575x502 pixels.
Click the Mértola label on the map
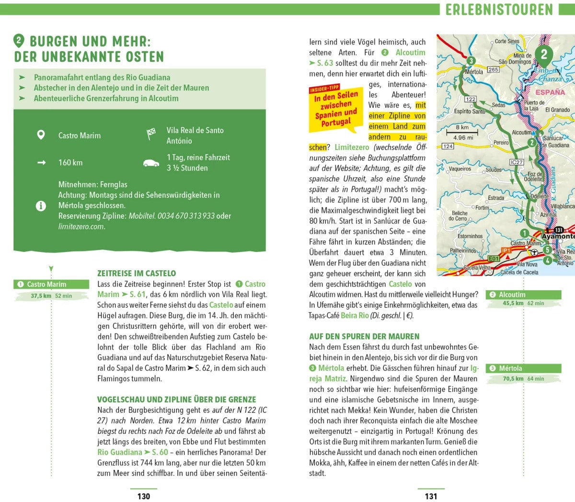click(474, 72)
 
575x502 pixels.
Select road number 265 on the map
click(493, 69)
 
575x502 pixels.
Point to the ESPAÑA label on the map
click(550, 92)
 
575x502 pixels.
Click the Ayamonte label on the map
click(558, 237)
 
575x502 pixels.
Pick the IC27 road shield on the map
click(517, 162)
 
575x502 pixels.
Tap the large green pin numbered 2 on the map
click(543, 55)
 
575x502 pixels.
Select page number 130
click(144, 496)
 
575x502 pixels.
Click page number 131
click(431, 496)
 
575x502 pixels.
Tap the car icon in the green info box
click(151, 163)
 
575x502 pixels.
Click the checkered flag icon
click(151, 135)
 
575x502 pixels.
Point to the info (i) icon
click(41, 206)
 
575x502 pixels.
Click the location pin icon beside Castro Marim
click(41, 135)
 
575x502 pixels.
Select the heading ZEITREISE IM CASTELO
click(137, 274)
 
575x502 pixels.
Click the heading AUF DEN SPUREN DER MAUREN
click(364, 337)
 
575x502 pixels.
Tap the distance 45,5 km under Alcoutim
click(513, 303)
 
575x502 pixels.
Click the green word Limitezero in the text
click(352, 148)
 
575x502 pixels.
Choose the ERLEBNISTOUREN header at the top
click(499, 10)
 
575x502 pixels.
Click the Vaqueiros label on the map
click(460, 169)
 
